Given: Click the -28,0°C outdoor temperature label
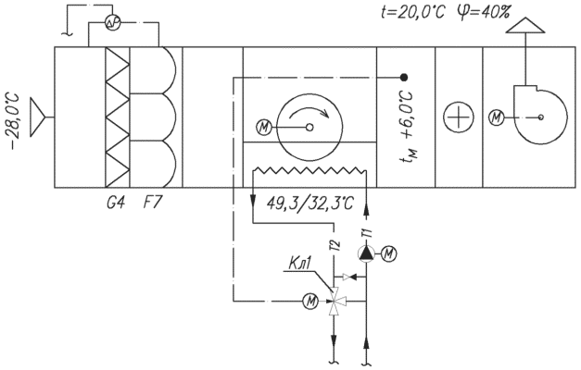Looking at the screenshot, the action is click(x=15, y=122).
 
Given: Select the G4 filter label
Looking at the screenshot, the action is click(x=116, y=203).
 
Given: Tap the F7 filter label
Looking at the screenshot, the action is click(x=152, y=203).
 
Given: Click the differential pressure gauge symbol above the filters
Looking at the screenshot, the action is click(x=112, y=23).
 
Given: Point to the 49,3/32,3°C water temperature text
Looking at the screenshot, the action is click(x=310, y=203).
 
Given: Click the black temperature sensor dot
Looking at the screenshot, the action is click(x=404, y=78).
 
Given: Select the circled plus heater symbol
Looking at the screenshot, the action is click(x=459, y=117).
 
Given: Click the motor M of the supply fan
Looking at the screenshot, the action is click(x=497, y=117).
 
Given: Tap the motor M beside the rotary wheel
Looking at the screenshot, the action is click(x=264, y=128).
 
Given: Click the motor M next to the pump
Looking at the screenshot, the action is click(x=389, y=253).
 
